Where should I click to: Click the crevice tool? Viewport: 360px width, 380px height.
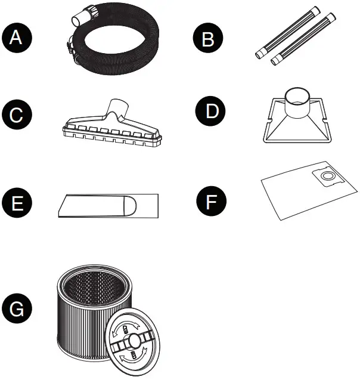107,206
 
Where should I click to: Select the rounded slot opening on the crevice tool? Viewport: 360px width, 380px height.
130,206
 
